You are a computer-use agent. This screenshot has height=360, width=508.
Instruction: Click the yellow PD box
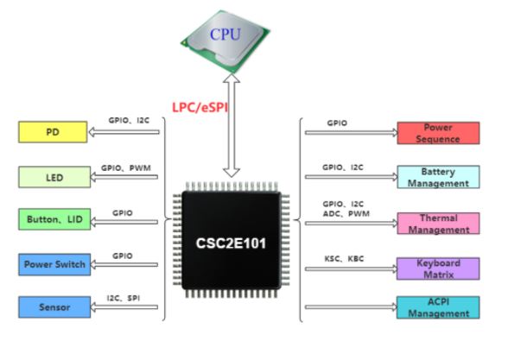tap(53, 132)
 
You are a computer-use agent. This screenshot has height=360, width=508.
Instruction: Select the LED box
tap(54, 177)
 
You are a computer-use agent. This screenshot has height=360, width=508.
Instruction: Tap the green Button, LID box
tap(54, 219)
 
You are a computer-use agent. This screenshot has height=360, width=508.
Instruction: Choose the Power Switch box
tap(54, 264)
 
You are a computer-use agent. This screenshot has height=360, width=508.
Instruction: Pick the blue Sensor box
tap(54, 307)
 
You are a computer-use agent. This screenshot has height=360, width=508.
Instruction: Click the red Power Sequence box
tap(438, 133)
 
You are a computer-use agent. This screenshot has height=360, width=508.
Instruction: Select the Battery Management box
tap(438, 177)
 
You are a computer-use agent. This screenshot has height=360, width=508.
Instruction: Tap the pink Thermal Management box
tap(438, 224)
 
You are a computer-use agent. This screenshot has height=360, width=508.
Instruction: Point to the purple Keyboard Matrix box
tap(438, 268)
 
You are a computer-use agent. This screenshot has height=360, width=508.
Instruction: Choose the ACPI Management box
tap(438, 307)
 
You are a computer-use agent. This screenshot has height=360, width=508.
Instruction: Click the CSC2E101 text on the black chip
tap(231, 243)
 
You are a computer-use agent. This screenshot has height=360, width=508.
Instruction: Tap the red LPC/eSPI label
tap(200, 107)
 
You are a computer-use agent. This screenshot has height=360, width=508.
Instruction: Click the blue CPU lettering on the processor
tap(225, 35)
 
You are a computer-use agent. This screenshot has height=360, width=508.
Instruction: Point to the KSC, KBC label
tap(344, 259)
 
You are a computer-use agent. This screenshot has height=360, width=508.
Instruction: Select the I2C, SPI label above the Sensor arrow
tap(124, 298)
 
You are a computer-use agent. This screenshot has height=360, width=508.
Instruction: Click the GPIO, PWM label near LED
tap(126, 168)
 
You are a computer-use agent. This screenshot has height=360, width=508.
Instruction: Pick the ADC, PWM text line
tap(346, 214)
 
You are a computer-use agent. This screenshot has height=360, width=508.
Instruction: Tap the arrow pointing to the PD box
tap(124, 132)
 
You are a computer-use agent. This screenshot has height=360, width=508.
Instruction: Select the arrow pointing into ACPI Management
tap(351, 307)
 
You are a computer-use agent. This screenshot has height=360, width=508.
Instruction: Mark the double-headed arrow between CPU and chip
tap(232, 126)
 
